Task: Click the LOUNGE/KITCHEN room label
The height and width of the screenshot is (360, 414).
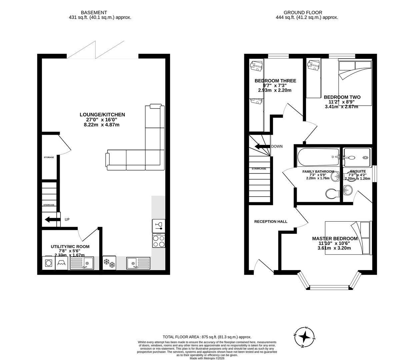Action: tap(102, 115)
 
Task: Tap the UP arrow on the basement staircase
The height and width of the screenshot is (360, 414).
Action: tap(52, 219)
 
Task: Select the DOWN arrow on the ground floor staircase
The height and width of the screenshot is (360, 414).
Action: tap(262, 147)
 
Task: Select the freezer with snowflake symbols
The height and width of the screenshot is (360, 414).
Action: tap(109, 263)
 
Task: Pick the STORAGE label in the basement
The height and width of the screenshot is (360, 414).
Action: tap(49, 157)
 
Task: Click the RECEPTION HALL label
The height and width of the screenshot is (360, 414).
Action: tap(271, 221)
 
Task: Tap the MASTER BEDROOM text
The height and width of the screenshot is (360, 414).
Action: tap(335, 239)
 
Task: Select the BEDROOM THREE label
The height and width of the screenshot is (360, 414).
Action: tap(275, 81)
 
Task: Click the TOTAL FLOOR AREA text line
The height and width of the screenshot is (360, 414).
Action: tap(207, 337)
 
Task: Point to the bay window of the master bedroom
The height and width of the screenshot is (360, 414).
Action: tap(329, 286)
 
